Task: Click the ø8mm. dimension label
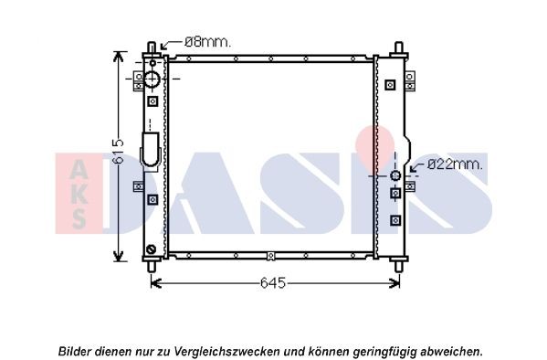pyautogui.click(x=208, y=41)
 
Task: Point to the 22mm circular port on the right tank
pyautogui.click(x=395, y=175)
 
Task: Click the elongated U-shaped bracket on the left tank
pyautogui.click(x=151, y=150)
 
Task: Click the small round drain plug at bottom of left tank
pyautogui.click(x=151, y=249)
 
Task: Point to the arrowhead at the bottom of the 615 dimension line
pyautogui.click(x=118, y=258)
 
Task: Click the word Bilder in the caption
pyautogui.click(x=76, y=351)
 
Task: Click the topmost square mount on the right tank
pyautogui.click(x=391, y=84)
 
